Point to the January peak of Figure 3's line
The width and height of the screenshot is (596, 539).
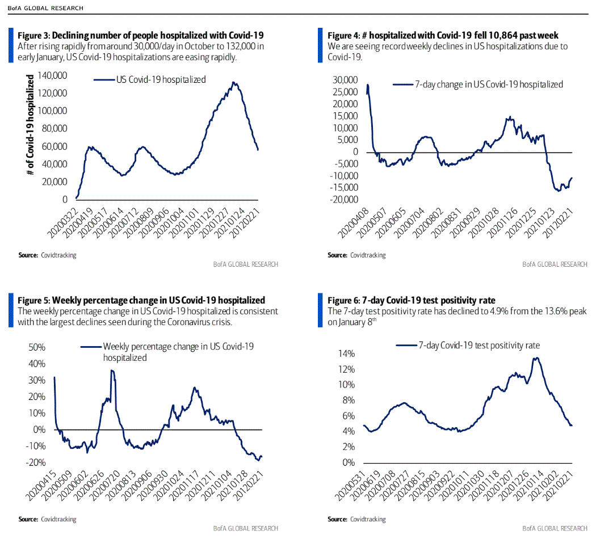(x=233, y=82)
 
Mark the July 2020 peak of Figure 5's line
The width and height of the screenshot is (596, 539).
(x=112, y=370)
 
